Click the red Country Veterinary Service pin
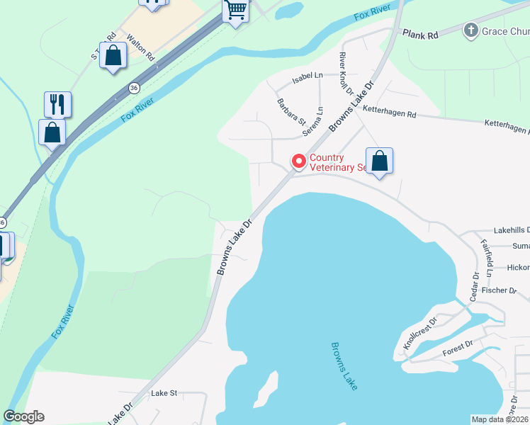point(299,162)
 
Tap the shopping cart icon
point(236,11)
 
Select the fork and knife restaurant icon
point(57,104)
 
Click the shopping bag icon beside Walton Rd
point(113,55)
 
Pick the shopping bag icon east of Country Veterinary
point(379,161)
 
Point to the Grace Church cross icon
point(470,30)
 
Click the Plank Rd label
point(421,33)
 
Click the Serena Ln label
point(313,121)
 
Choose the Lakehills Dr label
point(511,231)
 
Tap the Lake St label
point(163,392)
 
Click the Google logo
point(24,416)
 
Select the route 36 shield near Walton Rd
point(134,87)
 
